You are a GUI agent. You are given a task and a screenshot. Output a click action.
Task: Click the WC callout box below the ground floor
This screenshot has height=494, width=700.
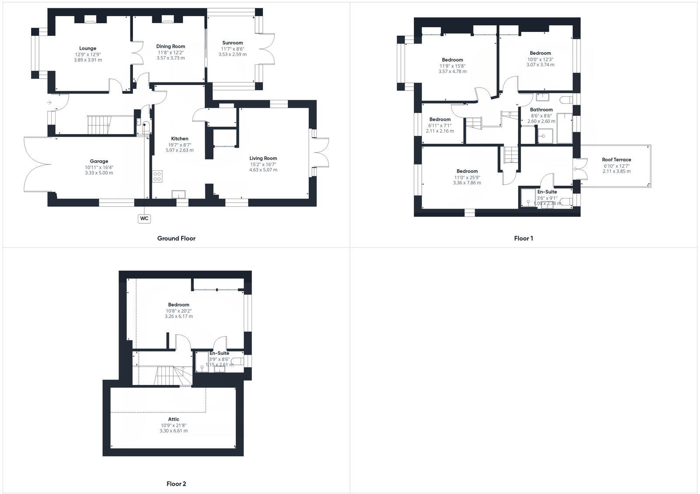point(144,218)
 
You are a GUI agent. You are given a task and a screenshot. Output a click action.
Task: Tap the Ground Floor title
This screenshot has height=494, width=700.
point(176,238)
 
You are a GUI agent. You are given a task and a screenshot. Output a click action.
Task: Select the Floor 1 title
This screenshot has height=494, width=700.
point(523,238)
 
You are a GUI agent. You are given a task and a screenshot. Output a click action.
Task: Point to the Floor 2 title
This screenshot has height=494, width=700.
point(176,484)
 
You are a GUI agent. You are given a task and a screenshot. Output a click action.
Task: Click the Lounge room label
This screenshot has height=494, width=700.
point(88,48)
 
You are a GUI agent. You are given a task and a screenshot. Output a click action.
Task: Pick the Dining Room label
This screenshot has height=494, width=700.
point(171,46)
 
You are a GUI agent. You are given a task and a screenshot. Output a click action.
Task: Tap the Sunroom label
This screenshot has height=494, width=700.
point(232,43)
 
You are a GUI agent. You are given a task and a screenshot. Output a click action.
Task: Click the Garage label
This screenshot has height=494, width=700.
point(99,161)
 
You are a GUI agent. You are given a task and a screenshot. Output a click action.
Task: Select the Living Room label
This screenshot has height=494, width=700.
point(263,158)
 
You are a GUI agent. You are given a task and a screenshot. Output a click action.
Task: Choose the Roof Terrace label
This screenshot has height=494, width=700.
point(616,159)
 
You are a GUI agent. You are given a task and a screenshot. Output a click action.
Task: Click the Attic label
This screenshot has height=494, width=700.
point(174,419)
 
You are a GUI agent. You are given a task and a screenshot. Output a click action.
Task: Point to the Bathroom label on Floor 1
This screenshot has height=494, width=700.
point(541,109)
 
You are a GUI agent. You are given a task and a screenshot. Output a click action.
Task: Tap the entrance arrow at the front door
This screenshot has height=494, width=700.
point(49,102)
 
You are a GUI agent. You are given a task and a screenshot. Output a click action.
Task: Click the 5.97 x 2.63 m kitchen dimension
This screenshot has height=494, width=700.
point(179,150)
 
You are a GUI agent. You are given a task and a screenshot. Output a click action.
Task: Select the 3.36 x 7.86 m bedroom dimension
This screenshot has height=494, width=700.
point(467,183)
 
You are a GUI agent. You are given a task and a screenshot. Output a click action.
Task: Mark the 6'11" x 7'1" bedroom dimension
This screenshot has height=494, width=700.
point(440,125)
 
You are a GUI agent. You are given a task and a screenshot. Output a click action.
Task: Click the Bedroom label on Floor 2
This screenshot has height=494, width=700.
point(178,304)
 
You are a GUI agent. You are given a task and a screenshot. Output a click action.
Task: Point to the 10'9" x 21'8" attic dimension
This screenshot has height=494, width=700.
point(173,425)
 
